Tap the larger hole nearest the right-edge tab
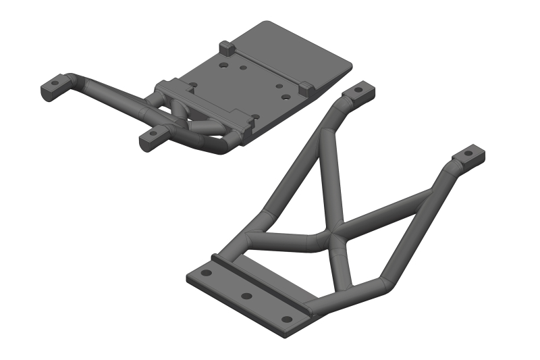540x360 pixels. [286, 97]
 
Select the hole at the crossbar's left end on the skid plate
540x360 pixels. [194, 86]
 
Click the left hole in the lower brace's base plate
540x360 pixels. [207, 273]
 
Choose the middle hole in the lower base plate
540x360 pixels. [247, 296]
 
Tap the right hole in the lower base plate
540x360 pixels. [288, 318]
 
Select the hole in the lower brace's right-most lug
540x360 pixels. [469, 154]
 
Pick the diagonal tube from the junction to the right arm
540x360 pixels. [385, 213]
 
